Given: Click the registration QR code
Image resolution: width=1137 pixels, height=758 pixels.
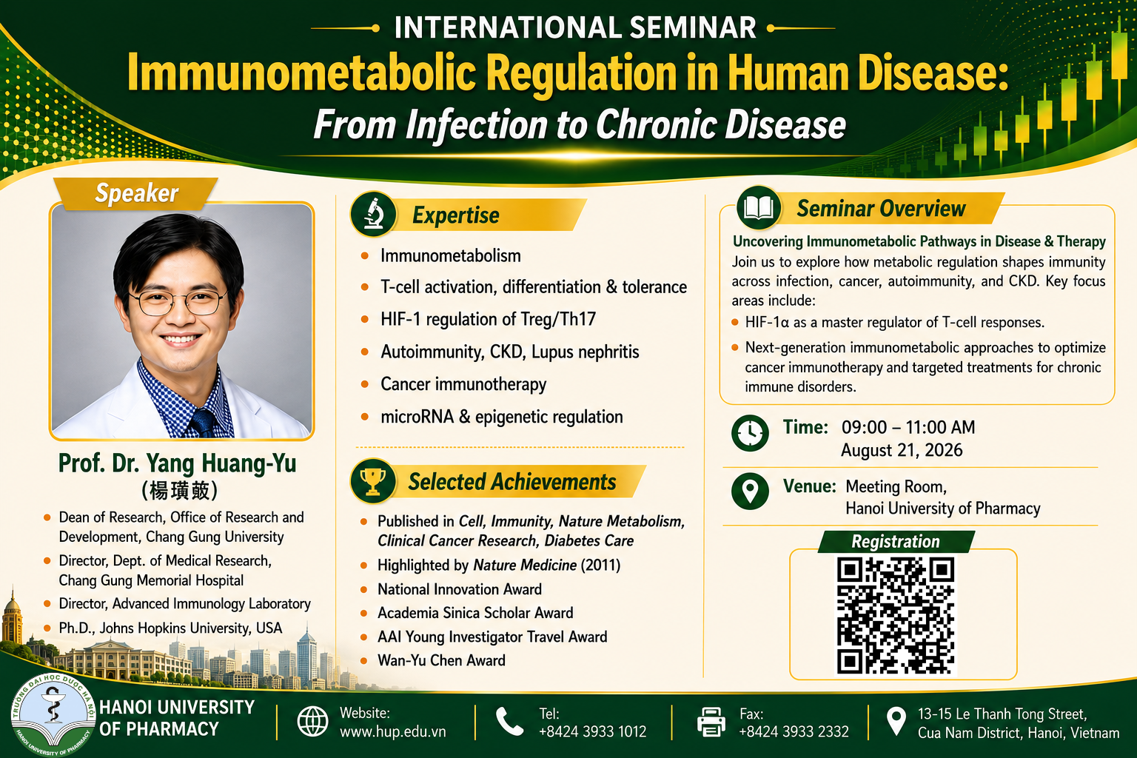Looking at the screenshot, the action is tap(896, 615).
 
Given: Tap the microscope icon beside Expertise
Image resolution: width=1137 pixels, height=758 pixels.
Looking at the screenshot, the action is tap(373, 214).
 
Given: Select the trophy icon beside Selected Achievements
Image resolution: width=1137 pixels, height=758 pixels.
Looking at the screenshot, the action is tap(373, 481).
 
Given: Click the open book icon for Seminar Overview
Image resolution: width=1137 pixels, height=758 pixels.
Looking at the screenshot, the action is tap(758, 208).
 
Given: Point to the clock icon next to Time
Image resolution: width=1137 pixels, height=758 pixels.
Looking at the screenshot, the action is tap(750, 433).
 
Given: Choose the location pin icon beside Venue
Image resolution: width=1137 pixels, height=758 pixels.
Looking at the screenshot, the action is tap(750, 491).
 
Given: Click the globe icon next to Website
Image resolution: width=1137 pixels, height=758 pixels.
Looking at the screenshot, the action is tap(312, 722).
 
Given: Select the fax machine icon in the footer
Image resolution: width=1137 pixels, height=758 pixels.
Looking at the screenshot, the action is tap(711, 722).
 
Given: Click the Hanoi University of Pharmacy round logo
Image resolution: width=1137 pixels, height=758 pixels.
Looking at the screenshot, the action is tap(53, 715).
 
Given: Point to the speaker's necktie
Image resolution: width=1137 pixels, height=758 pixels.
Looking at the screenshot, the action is tap(204, 423).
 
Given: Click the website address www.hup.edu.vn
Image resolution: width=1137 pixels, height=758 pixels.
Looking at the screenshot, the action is tap(393, 731).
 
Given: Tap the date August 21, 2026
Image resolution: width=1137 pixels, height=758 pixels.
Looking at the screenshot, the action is tap(902, 450).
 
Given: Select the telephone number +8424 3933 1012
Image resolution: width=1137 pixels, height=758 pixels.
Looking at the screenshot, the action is tap(592, 731).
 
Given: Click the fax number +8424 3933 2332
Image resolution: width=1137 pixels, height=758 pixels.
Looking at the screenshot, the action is tap(794, 731).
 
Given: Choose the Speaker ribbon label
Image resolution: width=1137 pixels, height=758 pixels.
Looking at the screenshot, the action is tap(136, 193).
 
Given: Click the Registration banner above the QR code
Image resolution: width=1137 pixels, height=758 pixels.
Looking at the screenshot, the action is tap(896, 542).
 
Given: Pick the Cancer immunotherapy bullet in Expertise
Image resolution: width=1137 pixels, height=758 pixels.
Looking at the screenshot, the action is tap(463, 384).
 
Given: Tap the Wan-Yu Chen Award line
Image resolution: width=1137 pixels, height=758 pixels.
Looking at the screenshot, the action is tap(441, 660).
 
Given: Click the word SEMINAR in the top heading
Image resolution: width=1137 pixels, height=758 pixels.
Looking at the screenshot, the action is tap(692, 27).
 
